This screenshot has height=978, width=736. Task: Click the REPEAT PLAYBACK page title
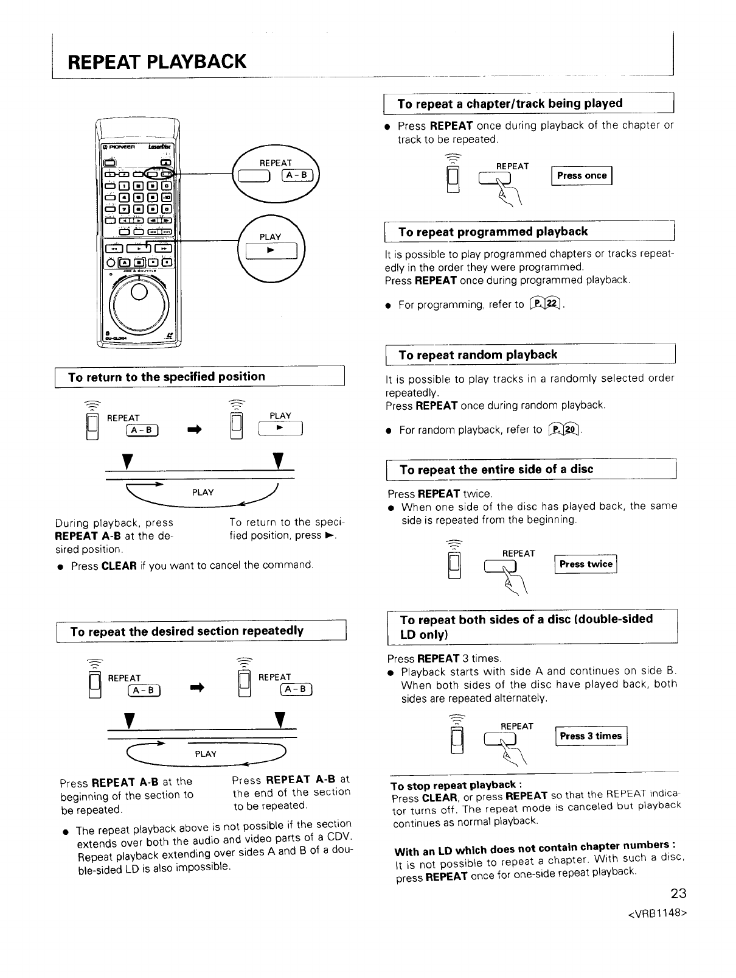pyautogui.click(x=157, y=62)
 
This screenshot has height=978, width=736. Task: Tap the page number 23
pyautogui.click(x=678, y=893)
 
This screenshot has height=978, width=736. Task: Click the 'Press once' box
pyautogui.click(x=582, y=176)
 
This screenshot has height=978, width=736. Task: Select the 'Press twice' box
pyautogui.click(x=586, y=564)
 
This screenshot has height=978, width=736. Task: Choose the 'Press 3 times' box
pyautogui.click(x=591, y=736)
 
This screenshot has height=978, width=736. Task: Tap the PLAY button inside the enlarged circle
pyautogui.click(x=271, y=250)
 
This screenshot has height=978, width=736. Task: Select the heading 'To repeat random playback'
pyautogui.click(x=477, y=354)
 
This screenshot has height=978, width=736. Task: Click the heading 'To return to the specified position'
pyautogui.click(x=167, y=376)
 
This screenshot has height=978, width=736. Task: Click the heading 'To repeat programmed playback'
pyautogui.click(x=493, y=231)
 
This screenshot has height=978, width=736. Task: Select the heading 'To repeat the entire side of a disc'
pyautogui.click(x=496, y=469)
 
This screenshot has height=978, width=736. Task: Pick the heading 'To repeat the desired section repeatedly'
pyautogui.click(x=187, y=631)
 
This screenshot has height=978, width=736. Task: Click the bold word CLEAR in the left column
pyautogui.click(x=119, y=566)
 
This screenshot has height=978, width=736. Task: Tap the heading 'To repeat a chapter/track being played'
pyautogui.click(x=510, y=104)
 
